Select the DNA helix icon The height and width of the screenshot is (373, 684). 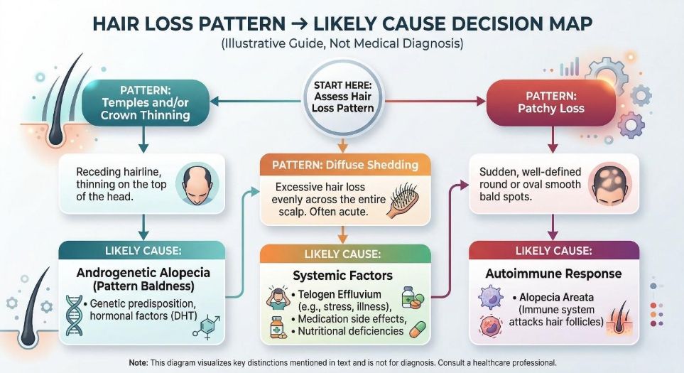pos(75,313)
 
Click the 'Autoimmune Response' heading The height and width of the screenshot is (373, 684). pos(553,274)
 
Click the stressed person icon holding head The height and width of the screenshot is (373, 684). pos(278,297)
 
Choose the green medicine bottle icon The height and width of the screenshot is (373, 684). pos(408,296)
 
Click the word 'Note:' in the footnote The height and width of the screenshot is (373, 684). pos(138,362)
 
